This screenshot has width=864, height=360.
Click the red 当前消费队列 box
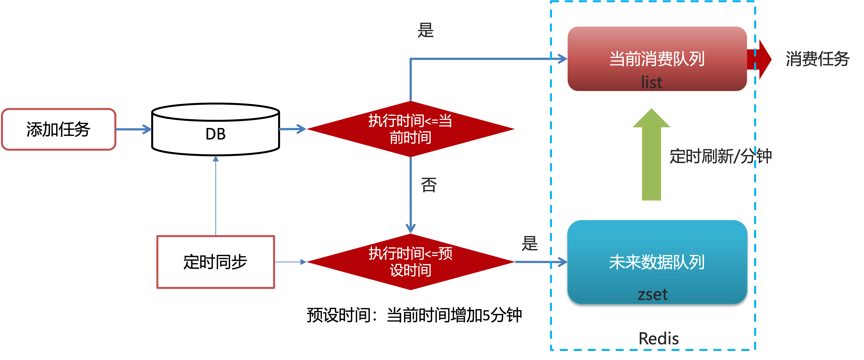[657, 59]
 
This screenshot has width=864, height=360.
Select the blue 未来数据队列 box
[657, 262]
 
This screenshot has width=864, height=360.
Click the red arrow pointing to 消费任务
[760, 59]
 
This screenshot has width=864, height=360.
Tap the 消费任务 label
[817, 59]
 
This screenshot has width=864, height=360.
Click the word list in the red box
[652, 82]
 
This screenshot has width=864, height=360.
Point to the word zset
[652, 294]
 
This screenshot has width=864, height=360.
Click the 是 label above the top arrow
[426, 30]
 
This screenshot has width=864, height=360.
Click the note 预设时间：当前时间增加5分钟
[414, 315]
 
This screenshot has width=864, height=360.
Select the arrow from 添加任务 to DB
[133, 129]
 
